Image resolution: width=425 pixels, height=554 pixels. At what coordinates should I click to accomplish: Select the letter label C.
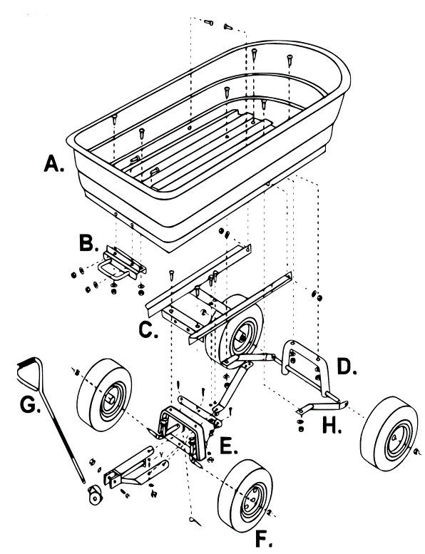147,330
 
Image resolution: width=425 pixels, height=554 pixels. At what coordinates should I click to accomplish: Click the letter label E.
230,446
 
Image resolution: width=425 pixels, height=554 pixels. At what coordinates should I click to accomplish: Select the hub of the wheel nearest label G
111,396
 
